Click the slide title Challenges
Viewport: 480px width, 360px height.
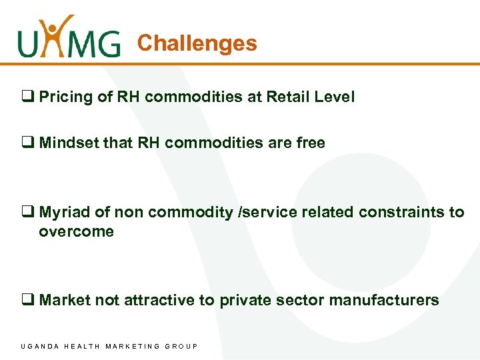(x=197, y=43)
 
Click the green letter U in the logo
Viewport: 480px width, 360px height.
(x=31, y=43)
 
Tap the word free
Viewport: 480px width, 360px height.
(x=310, y=143)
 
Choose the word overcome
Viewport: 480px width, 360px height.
(x=76, y=231)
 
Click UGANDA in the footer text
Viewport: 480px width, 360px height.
(x=41, y=346)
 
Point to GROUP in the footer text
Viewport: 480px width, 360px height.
(x=181, y=346)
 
